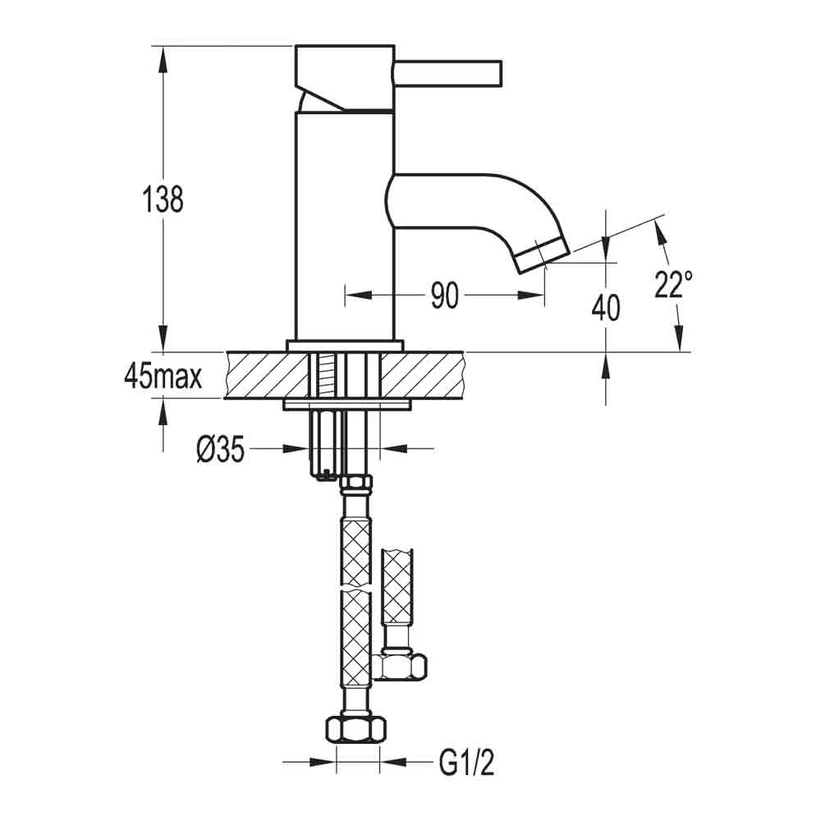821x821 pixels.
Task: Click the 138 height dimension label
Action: click(163, 200)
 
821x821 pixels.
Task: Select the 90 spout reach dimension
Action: click(444, 295)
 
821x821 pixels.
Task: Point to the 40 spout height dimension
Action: click(606, 307)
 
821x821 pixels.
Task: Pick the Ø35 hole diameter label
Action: click(220, 449)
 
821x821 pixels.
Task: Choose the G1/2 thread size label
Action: click(466, 763)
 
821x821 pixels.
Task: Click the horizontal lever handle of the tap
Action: click(448, 72)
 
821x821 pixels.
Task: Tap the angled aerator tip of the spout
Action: click(543, 255)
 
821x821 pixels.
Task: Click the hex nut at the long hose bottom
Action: click(355, 728)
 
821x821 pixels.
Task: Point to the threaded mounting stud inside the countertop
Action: click(328, 375)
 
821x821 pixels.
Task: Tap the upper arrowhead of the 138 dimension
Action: click(163, 58)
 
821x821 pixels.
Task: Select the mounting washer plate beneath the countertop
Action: click(347, 404)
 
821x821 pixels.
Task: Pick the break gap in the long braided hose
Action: click(356, 589)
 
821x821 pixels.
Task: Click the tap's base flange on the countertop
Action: click(346, 346)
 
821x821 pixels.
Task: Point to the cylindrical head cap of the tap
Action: click(344, 79)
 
